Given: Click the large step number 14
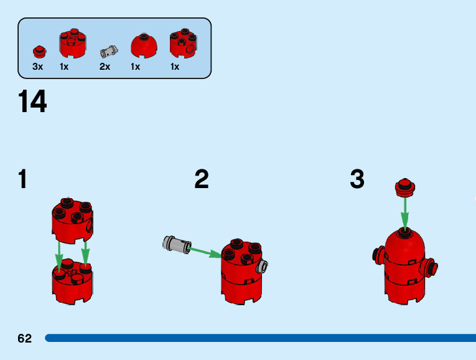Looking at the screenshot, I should (x=33, y=102).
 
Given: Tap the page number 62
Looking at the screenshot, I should (x=25, y=339).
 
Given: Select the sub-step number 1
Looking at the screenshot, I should (x=23, y=180).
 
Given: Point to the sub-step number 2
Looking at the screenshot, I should (x=201, y=180).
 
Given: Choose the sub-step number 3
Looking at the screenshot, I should (x=357, y=180).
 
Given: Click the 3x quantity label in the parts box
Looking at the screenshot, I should (x=38, y=67).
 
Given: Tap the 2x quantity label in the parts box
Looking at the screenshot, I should (x=105, y=67).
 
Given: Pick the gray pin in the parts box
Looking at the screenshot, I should (x=108, y=50).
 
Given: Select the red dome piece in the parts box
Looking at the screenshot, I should (x=144, y=45).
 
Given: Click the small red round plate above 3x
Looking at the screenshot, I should (x=40, y=50).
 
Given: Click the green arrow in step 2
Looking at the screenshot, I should (x=206, y=252).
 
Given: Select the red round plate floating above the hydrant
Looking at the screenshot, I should (x=405, y=187).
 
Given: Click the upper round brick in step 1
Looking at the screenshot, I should (x=73, y=220).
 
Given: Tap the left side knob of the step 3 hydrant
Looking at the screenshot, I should (x=378, y=256).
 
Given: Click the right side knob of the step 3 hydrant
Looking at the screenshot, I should (x=429, y=268).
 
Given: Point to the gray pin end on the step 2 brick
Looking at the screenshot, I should (x=264, y=266).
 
